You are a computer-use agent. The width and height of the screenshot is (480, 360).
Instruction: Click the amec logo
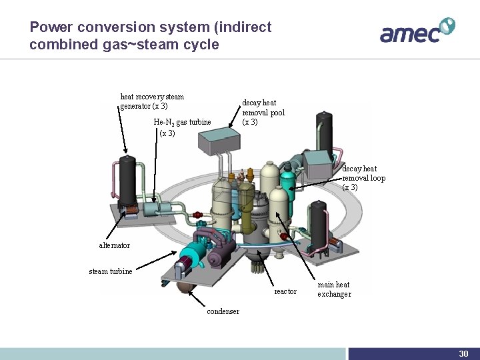click(417, 31)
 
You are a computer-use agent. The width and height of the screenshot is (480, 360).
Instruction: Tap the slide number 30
click(463, 353)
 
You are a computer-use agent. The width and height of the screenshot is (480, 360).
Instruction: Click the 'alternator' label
click(115, 245)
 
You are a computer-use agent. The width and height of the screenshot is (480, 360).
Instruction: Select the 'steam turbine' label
click(111, 271)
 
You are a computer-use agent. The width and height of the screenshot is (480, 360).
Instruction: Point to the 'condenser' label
click(223, 311)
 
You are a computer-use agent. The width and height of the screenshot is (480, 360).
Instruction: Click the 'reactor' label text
click(285, 291)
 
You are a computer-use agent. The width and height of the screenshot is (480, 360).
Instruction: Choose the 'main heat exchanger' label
click(334, 289)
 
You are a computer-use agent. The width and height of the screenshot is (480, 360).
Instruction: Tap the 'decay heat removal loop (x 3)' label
click(363, 178)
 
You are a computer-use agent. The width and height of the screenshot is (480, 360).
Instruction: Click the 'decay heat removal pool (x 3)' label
click(263, 112)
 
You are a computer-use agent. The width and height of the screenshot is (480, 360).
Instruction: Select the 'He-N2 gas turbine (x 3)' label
click(182, 127)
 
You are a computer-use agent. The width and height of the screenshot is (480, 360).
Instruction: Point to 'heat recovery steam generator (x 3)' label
click(152, 101)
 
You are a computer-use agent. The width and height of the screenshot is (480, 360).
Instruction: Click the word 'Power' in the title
click(51, 27)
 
